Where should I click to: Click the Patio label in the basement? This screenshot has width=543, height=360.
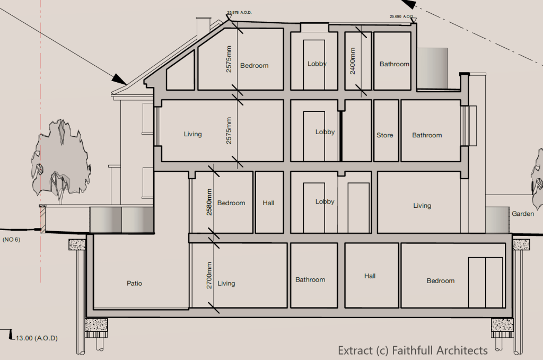134,284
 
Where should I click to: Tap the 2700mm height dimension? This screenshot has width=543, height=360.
209,275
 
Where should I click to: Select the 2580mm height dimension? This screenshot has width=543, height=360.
209,202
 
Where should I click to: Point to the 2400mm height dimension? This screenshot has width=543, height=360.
353,61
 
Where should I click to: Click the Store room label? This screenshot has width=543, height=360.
385,135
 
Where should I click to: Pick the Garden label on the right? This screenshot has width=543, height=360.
523,214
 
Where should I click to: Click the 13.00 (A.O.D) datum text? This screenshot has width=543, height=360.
37,338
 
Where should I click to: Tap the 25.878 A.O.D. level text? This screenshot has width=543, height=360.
239,13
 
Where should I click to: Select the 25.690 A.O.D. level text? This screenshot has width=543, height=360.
402,16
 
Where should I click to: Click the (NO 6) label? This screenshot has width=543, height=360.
12,240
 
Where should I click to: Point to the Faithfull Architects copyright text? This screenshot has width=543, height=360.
413,350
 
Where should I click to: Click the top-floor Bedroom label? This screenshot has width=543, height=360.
254,66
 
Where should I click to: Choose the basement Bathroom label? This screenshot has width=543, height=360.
310,280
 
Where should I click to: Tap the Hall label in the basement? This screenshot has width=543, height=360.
370,276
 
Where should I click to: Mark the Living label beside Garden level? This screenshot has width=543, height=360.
422,206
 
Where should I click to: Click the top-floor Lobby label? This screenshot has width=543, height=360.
317,64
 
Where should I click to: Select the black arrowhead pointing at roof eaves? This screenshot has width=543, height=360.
119,79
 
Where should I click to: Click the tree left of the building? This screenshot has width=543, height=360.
61,161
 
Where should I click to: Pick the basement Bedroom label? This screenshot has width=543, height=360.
441,280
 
